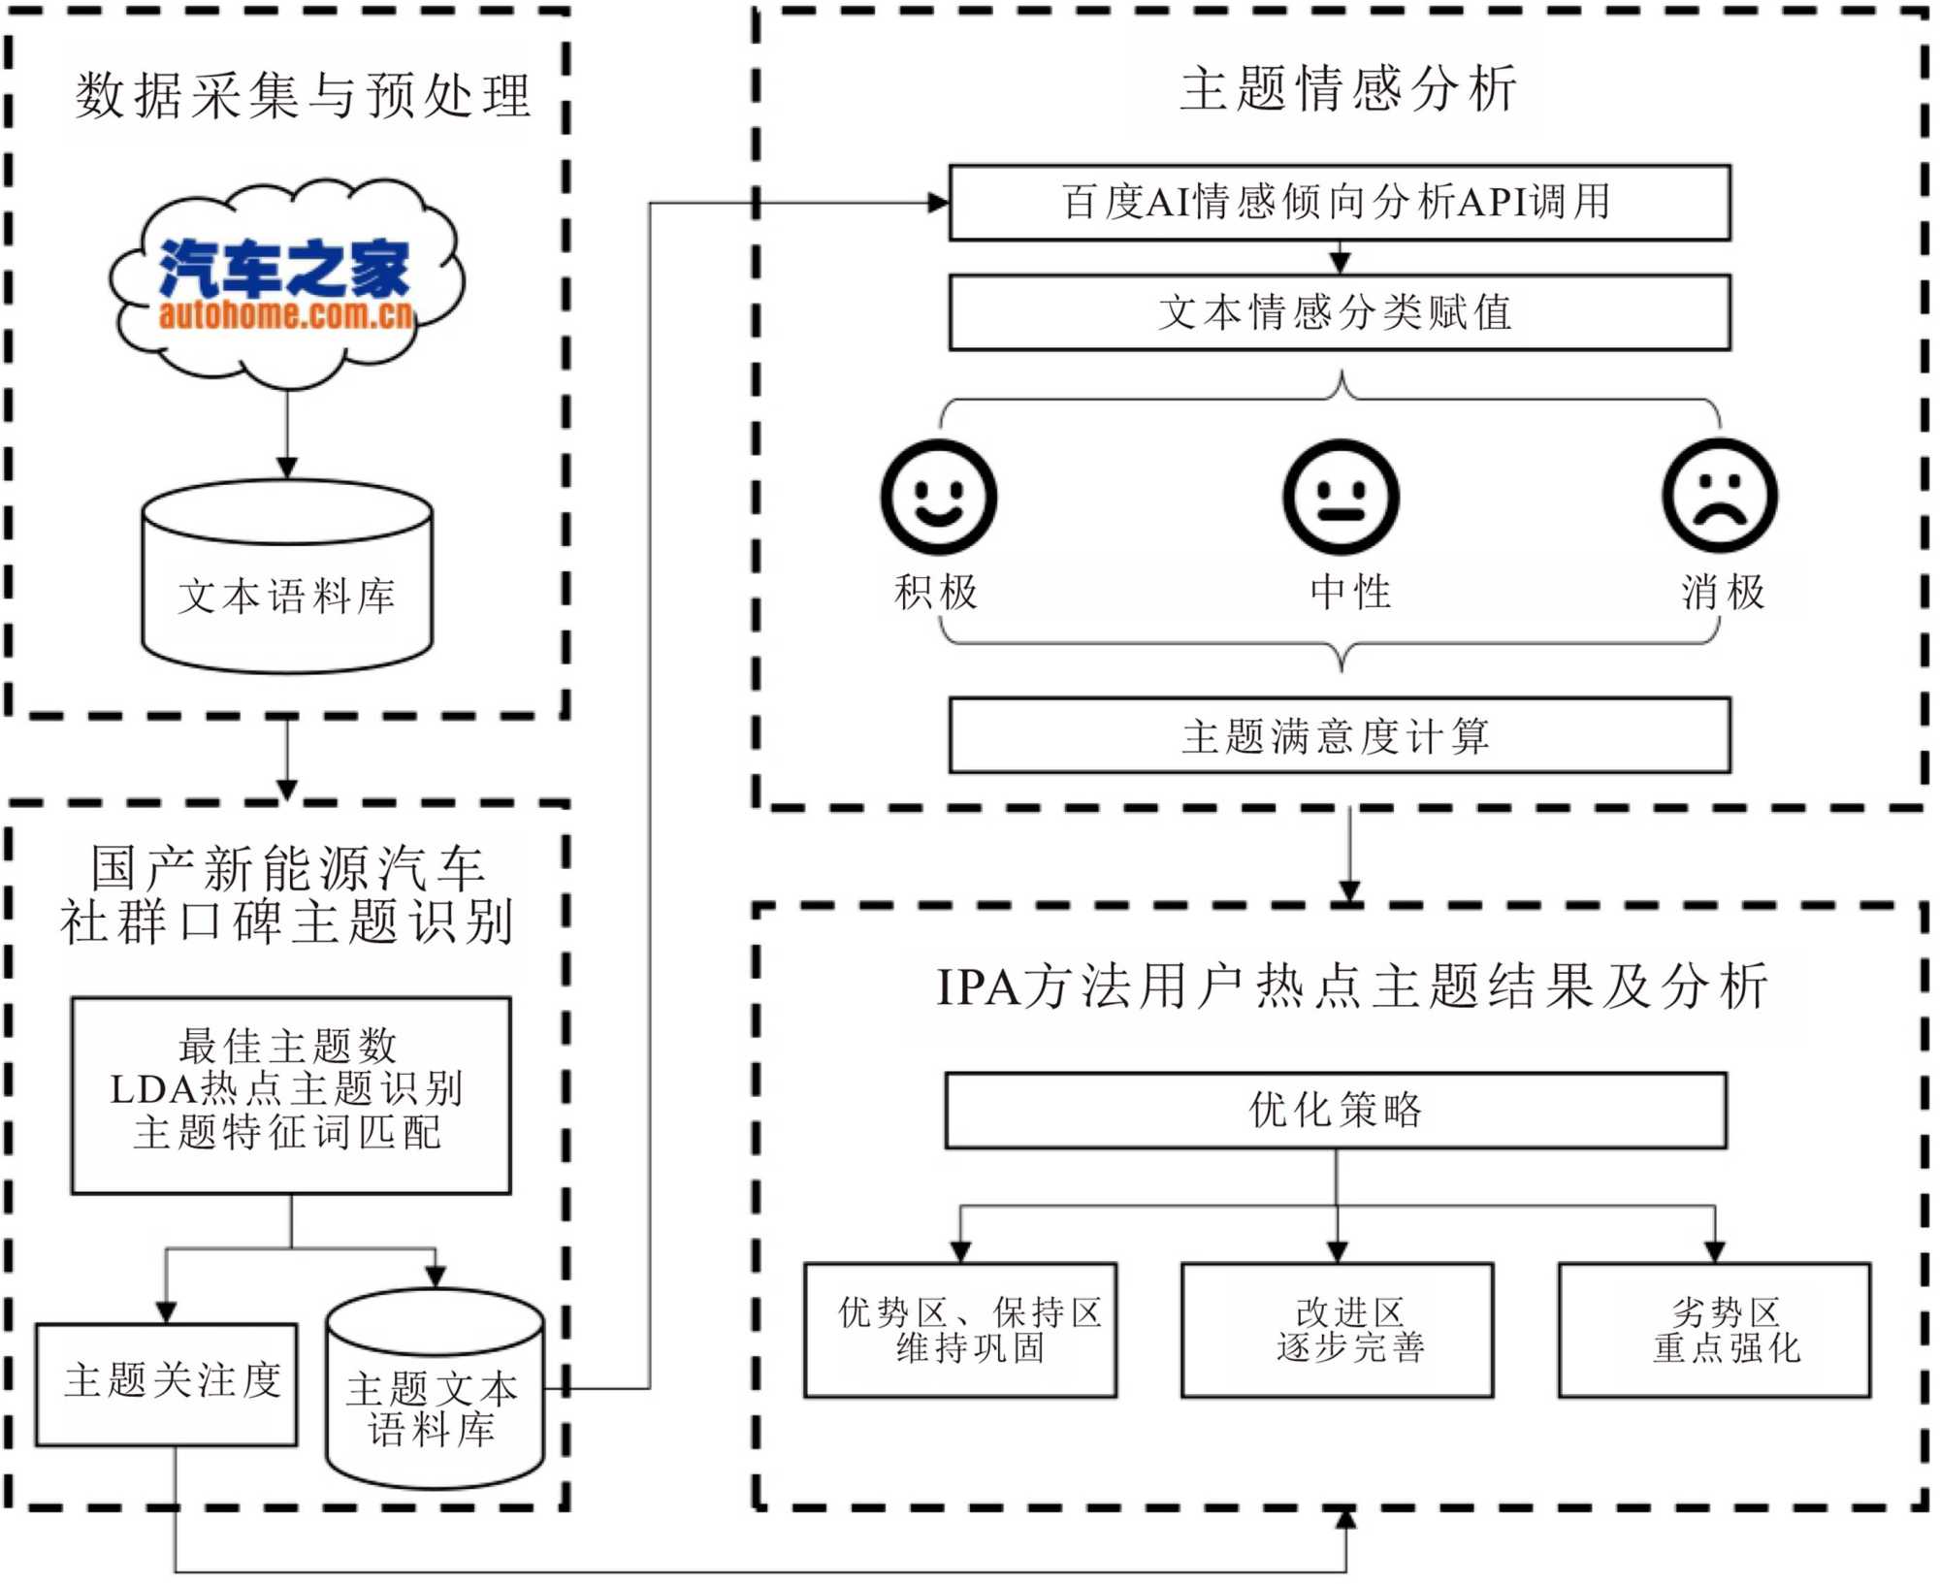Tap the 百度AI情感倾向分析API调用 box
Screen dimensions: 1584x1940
pyautogui.click(x=1339, y=203)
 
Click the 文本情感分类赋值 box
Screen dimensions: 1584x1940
pyautogui.click(x=1339, y=312)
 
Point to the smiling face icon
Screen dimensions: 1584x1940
pyautogui.click(x=938, y=497)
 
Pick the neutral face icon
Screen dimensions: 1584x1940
pyautogui.click(x=1341, y=497)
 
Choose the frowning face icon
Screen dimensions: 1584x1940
pyautogui.click(x=1720, y=497)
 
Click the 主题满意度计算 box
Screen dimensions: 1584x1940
pyautogui.click(x=1339, y=735)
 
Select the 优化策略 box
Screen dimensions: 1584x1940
pyautogui.click(x=1336, y=1110)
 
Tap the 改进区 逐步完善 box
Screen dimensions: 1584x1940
pyautogui.click(x=1337, y=1330)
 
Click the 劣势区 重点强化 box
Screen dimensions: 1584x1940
pyautogui.click(x=1714, y=1330)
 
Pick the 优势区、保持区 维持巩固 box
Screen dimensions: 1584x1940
pyautogui.click(x=960, y=1330)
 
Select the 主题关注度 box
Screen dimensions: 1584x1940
pyautogui.click(x=167, y=1383)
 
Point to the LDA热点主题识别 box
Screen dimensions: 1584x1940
pyautogui.click(x=290, y=1094)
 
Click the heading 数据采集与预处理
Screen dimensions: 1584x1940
pyautogui.click(x=303, y=96)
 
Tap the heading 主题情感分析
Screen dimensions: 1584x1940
pyautogui.click(x=1348, y=89)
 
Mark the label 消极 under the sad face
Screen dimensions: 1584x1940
pyautogui.click(x=1723, y=592)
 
